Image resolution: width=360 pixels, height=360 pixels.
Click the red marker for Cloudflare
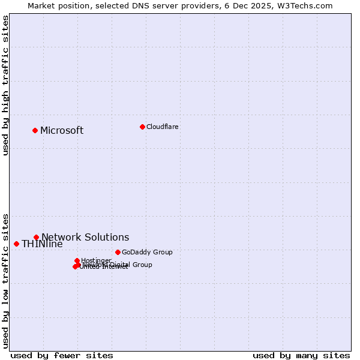point(142,127)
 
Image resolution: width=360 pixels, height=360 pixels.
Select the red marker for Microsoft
point(35,130)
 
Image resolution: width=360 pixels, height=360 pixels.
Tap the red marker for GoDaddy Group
point(118,252)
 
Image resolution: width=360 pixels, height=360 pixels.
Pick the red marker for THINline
point(16,244)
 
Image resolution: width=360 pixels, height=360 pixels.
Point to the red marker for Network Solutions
point(36,237)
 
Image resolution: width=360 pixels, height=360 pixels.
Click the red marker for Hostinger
point(77,260)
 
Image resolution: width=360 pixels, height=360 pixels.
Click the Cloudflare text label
point(162,127)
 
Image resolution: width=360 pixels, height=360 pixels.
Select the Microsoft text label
point(62,131)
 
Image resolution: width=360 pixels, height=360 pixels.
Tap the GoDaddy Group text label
point(147,252)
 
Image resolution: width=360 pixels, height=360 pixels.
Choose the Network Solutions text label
point(85,237)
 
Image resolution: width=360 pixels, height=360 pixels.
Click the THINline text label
point(42,244)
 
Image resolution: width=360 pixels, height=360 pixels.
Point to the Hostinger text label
point(96,260)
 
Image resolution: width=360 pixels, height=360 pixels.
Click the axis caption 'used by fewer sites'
point(62,355)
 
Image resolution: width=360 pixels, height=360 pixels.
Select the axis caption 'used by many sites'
point(301,355)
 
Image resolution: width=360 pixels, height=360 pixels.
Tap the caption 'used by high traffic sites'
point(5,85)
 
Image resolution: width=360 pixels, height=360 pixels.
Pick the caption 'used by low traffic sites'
point(5,280)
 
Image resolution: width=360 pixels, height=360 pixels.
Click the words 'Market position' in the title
point(56,5)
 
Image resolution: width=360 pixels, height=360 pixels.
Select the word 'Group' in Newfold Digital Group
point(142,265)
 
